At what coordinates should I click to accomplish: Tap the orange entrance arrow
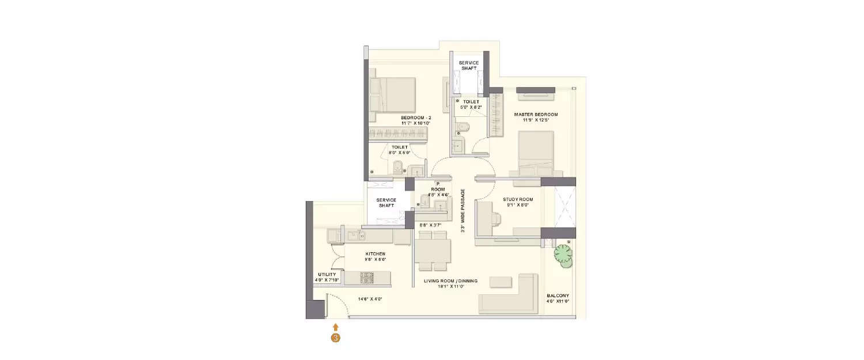335,327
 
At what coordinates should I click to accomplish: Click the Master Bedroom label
536,115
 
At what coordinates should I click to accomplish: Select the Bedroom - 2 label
416,118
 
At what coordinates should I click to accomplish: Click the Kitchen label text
375,253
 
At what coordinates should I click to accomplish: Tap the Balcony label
558,296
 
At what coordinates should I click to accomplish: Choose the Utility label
327,274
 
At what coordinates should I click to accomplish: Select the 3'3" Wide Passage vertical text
463,212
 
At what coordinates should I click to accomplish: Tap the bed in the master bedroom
536,150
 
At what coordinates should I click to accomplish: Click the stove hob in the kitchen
367,278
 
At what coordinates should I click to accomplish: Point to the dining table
432,251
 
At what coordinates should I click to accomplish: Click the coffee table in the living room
501,282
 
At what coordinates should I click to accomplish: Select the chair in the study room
496,218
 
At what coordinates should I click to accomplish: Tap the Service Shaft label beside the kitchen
385,203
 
